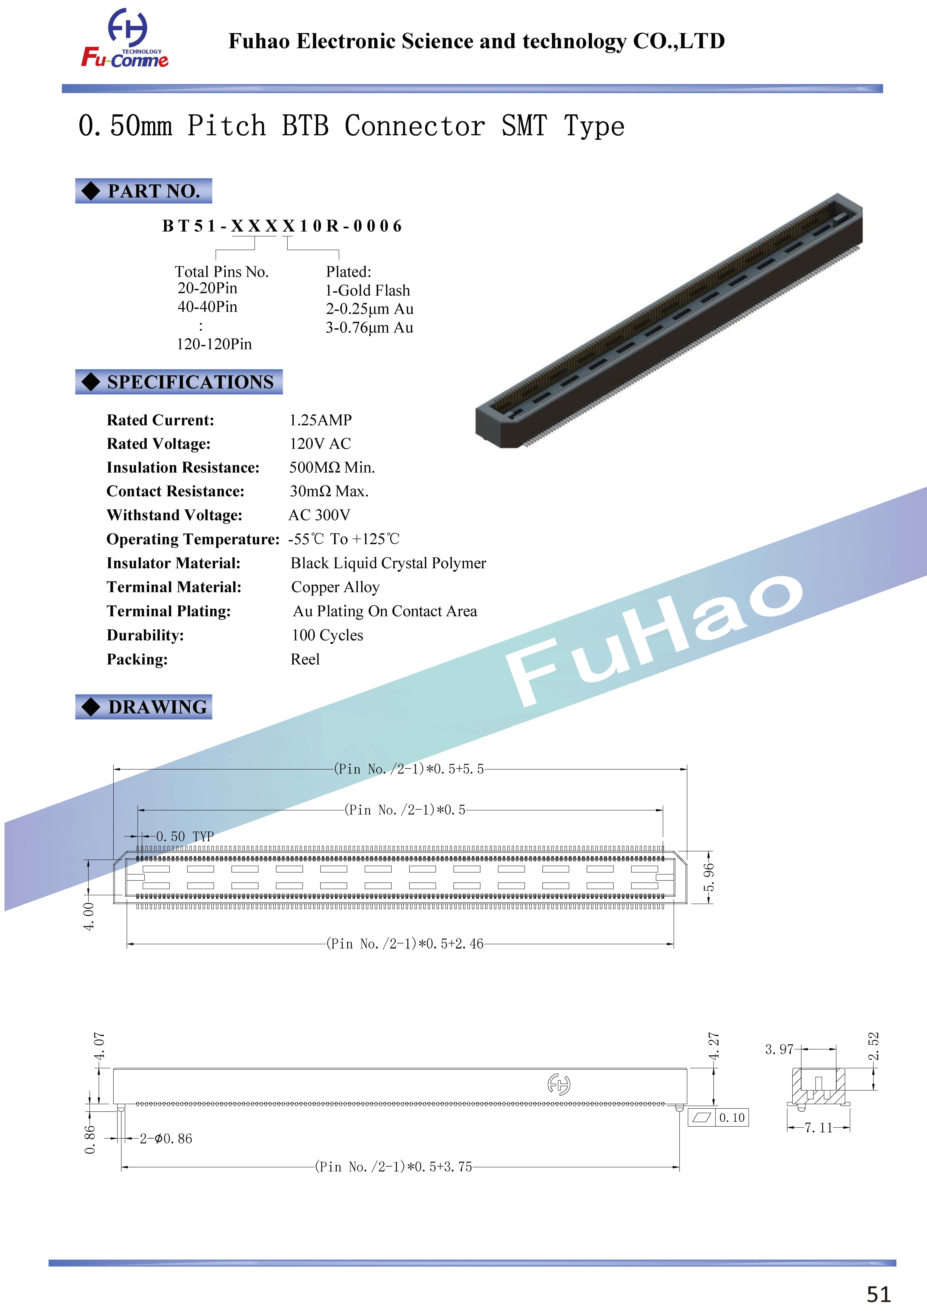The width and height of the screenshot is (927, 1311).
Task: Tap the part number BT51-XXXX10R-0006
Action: point(282,226)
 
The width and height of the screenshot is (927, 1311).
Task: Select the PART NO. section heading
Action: point(144,191)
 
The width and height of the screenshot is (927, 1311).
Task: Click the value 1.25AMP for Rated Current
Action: point(320,420)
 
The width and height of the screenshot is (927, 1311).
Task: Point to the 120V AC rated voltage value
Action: point(320,444)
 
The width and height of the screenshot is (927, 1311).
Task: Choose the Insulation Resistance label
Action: point(183,468)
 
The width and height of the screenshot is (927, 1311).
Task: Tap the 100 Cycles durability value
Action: point(327,635)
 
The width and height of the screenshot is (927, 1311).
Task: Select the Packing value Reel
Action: point(305,659)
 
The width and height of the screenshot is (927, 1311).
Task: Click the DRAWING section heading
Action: point(144,707)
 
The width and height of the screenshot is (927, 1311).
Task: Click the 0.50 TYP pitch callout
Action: point(184,837)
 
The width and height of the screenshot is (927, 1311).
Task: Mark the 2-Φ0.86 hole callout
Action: point(166,1139)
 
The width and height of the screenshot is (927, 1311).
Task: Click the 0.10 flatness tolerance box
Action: point(718,1117)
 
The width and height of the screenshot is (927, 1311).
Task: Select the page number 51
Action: point(878,1294)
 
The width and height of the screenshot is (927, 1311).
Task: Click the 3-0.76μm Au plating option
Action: point(370,328)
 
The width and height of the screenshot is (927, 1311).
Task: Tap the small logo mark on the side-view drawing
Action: point(559,1084)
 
